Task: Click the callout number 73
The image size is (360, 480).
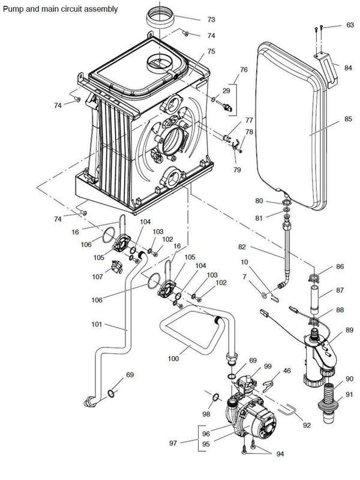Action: [211, 20]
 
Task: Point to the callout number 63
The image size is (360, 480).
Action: [350, 25]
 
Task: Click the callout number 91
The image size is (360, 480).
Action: [350, 395]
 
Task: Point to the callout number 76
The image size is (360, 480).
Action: [244, 70]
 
